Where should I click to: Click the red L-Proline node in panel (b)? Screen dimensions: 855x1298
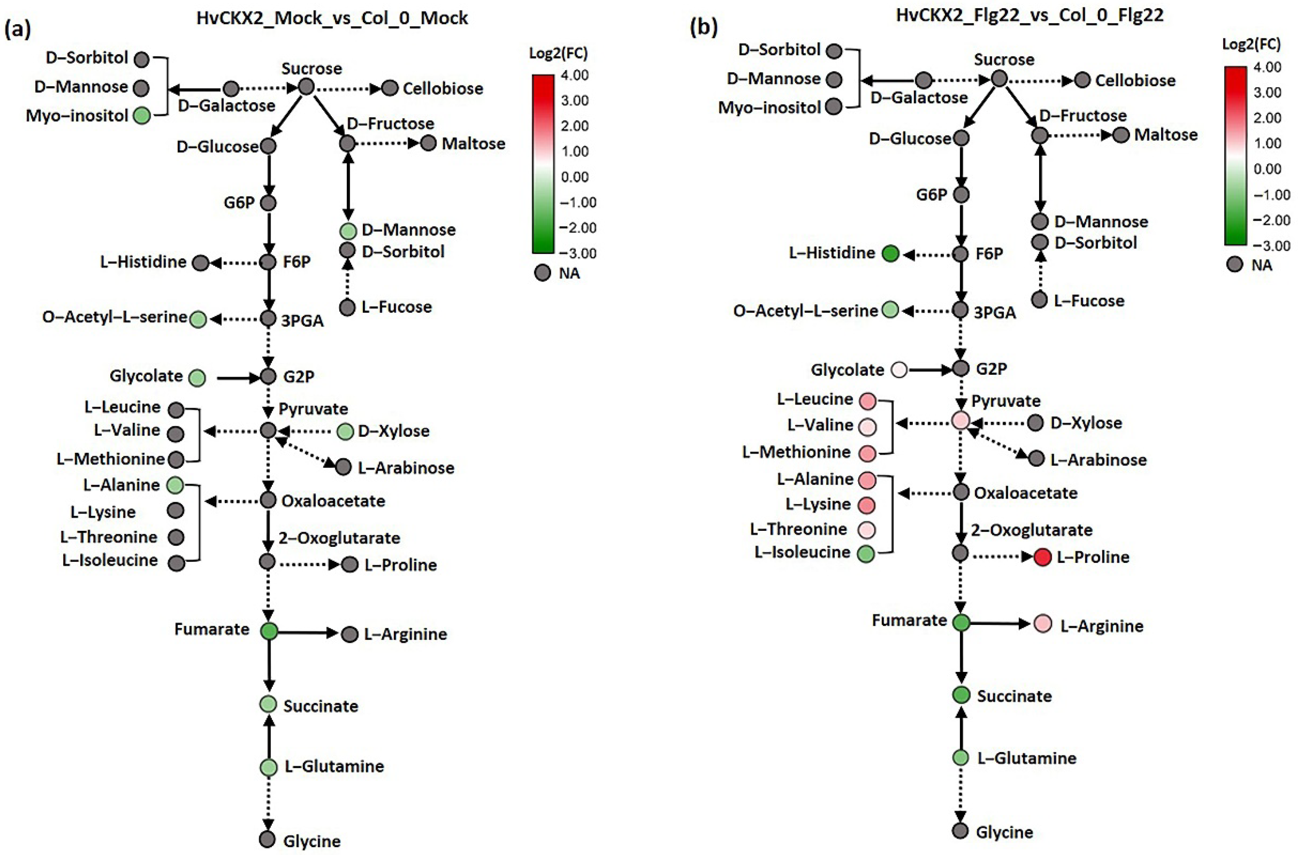coord(1042,557)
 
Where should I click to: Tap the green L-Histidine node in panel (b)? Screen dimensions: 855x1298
coord(890,254)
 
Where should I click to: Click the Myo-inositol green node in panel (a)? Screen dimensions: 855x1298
coord(142,116)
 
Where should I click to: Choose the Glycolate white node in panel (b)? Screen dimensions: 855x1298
coord(899,370)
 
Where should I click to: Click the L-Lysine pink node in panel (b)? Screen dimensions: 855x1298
coord(867,505)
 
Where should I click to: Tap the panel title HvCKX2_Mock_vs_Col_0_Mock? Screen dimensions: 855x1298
coord(332,18)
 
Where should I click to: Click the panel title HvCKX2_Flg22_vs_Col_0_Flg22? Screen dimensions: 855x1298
coord(1030,15)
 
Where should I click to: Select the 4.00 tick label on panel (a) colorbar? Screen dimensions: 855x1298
coord(575,75)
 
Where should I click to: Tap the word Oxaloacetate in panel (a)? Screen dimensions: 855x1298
coord(333,501)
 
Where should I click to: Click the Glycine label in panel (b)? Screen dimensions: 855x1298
coord(1004,832)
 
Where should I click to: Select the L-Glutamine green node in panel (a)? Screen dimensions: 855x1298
coord(268,767)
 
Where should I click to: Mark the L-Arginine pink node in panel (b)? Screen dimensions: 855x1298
coord(1043,624)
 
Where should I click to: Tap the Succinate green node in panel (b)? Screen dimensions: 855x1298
coord(961,695)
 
